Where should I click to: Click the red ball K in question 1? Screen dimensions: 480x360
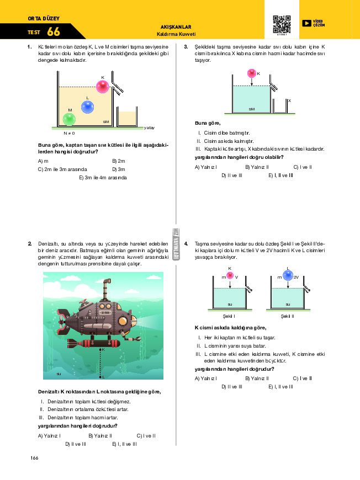point(103,86)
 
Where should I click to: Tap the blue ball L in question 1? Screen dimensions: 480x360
point(87,107)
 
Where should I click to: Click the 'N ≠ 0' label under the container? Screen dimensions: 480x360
point(69,133)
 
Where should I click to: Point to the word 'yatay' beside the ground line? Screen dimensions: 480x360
point(149,127)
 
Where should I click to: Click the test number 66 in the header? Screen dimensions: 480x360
point(54,32)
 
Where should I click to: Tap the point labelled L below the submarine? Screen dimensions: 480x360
point(100,377)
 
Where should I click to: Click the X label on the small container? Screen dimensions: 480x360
point(289,100)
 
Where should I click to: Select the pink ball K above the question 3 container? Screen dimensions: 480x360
point(252,73)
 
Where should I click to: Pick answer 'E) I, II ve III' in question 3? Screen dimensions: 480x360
point(280,175)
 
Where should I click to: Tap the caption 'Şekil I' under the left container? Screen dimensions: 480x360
point(229,316)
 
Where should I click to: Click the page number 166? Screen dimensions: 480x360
point(34,458)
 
